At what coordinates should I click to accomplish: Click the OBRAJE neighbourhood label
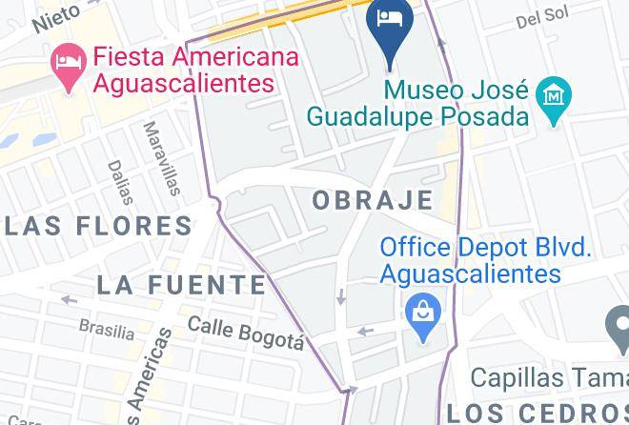click(373, 200)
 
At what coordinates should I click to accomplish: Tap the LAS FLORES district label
click(97, 226)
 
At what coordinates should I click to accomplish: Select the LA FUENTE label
click(181, 284)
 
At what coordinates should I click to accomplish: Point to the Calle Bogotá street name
click(245, 334)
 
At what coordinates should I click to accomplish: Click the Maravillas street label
click(161, 157)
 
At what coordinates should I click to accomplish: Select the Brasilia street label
click(106, 330)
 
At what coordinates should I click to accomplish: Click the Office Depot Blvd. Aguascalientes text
click(485, 260)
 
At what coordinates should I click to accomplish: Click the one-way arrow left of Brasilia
click(68, 300)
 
